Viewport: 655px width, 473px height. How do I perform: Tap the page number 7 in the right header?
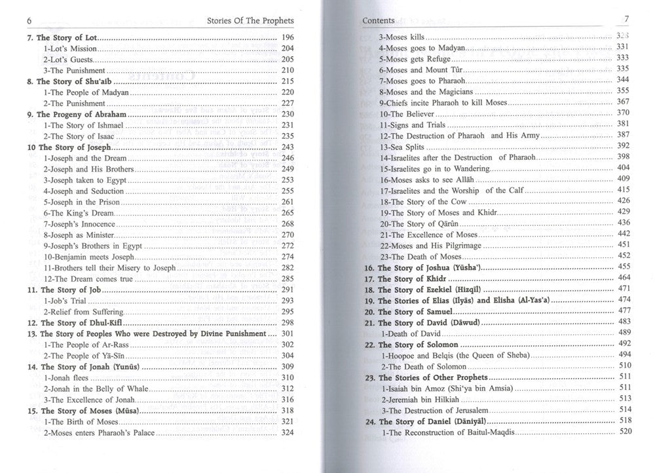point(626,20)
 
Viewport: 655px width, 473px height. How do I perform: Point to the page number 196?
point(288,38)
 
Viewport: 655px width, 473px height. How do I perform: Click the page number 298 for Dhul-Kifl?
point(288,322)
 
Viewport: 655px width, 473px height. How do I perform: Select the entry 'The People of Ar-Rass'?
point(84,344)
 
